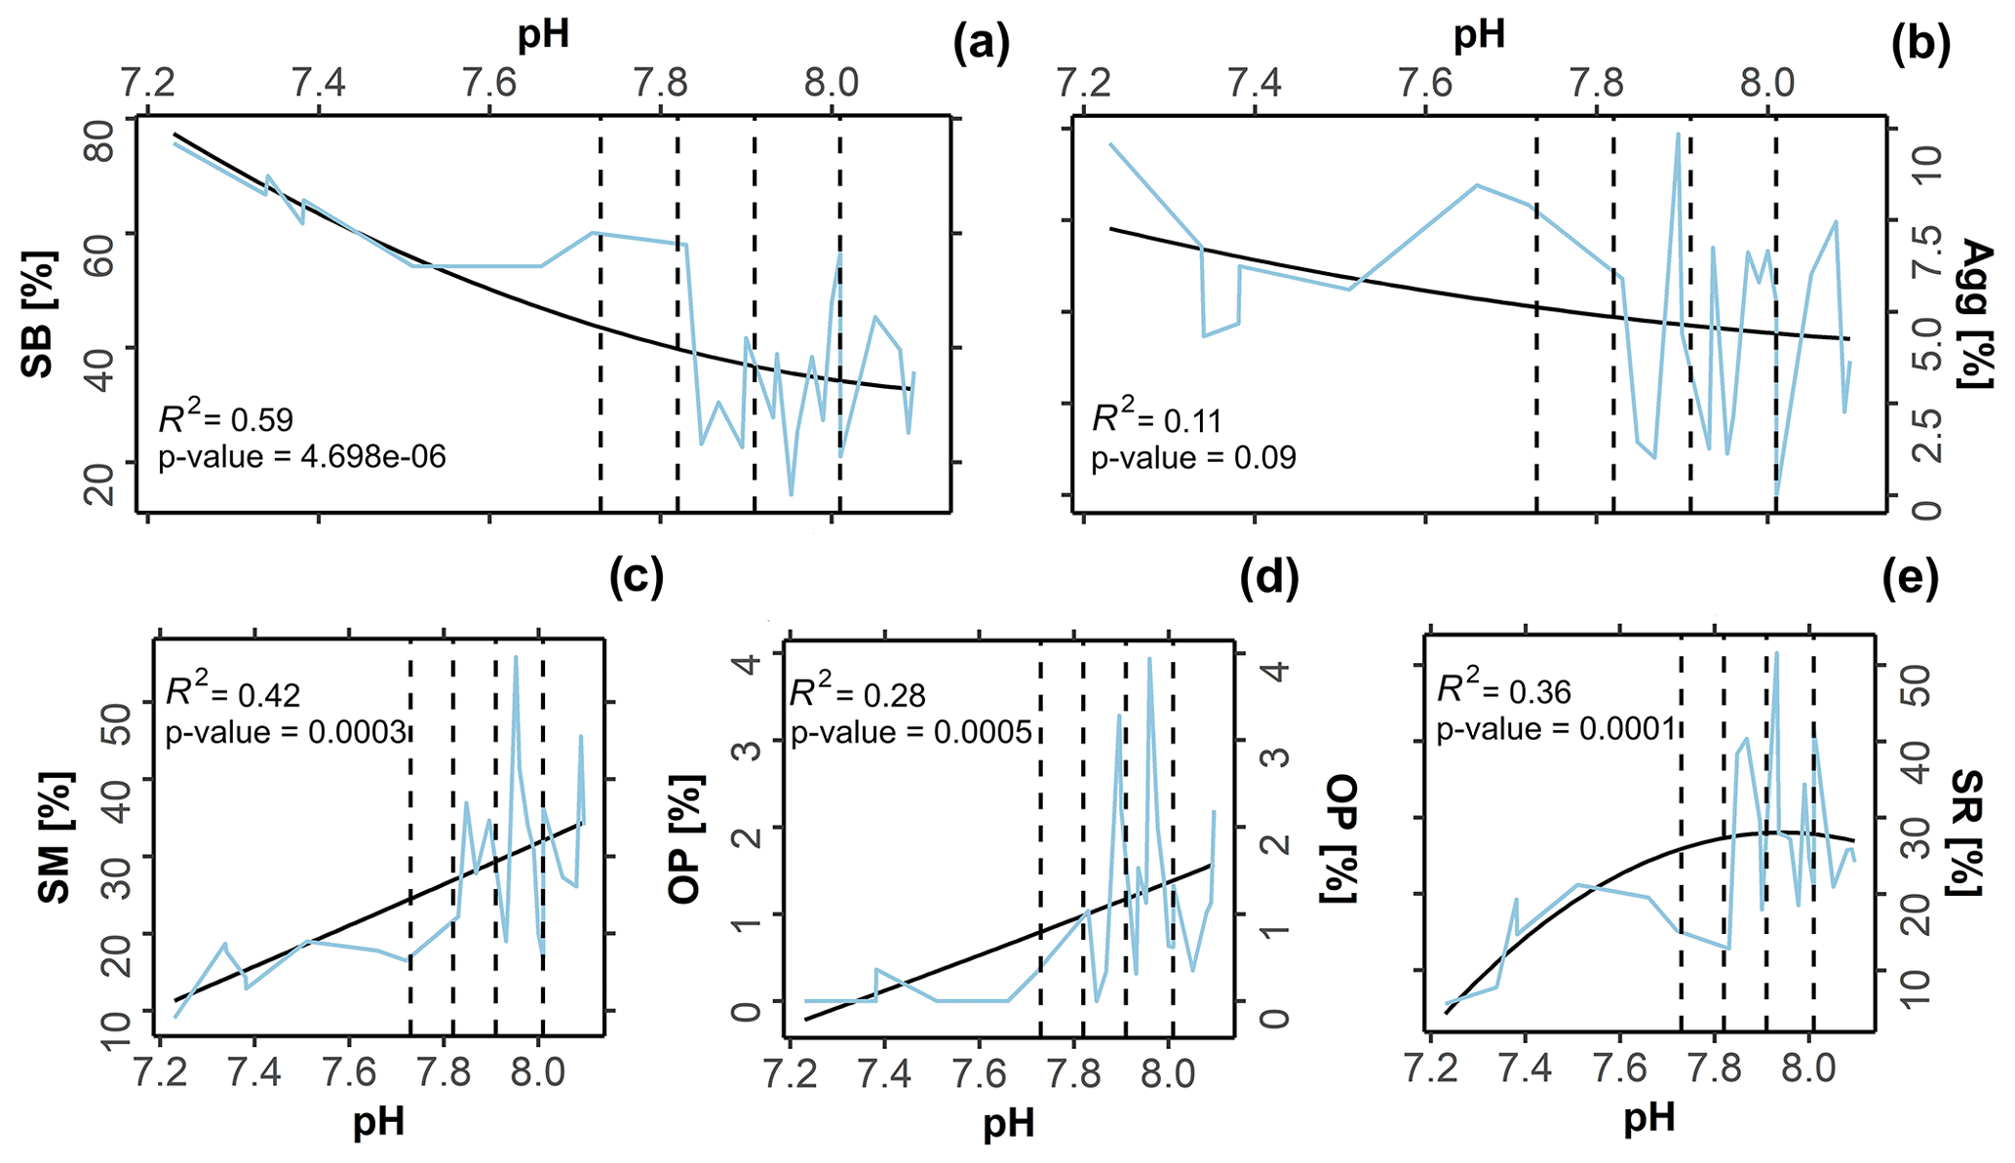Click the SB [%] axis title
(40, 314)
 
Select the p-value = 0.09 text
(1193, 457)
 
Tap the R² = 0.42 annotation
(233, 693)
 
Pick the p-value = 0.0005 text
(911, 731)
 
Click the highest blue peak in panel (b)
(1678, 135)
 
